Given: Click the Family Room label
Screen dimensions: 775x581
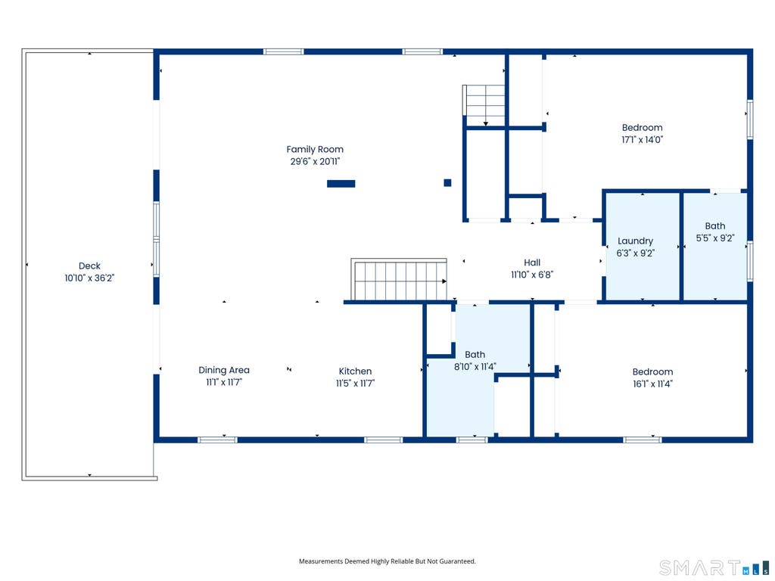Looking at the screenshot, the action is click(x=315, y=149).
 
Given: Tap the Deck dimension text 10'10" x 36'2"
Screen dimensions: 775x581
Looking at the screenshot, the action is click(x=89, y=278).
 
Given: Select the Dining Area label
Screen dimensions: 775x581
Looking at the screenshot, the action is click(x=224, y=370).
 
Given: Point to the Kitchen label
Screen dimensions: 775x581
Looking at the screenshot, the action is click(x=356, y=371).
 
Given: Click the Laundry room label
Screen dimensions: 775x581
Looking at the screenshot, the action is click(x=636, y=241).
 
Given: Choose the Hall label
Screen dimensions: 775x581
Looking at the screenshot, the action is click(x=532, y=263).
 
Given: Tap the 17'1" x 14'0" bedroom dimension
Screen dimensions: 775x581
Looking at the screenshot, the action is click(x=642, y=140).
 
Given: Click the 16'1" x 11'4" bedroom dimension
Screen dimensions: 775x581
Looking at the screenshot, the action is click(x=652, y=384).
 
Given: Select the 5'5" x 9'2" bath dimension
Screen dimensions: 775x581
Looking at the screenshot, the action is click(x=715, y=238).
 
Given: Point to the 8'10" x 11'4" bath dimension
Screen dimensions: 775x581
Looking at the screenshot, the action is click(x=475, y=367).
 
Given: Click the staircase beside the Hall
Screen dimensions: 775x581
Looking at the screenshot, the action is click(x=399, y=280).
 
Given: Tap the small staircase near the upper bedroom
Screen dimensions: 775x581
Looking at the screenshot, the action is click(x=484, y=105).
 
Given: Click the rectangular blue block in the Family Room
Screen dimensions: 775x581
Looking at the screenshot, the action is click(x=341, y=184).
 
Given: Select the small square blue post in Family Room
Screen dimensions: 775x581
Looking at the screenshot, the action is click(x=447, y=183).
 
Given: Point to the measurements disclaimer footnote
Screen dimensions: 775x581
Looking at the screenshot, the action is click(x=387, y=561).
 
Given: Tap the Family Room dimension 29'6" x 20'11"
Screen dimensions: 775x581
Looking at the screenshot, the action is click(x=315, y=162).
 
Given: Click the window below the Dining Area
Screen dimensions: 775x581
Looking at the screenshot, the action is click(x=217, y=440).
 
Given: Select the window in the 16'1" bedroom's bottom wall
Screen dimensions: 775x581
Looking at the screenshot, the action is click(x=642, y=440).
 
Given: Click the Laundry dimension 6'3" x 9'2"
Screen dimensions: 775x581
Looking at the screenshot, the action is click(x=636, y=253).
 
